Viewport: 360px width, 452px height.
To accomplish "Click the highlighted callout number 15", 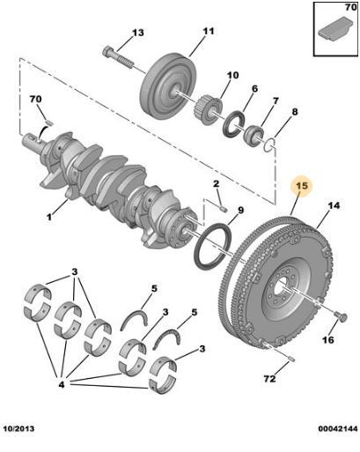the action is (x=302, y=186).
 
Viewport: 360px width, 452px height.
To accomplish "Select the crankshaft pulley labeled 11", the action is (x=168, y=86).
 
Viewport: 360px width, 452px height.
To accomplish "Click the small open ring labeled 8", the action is (x=269, y=144).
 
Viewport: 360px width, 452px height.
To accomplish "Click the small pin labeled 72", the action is (x=290, y=359).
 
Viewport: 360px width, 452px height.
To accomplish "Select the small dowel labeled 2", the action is (x=224, y=209).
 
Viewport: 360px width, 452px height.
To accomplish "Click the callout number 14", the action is (x=334, y=205).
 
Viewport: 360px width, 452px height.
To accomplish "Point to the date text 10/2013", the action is (x=18, y=428).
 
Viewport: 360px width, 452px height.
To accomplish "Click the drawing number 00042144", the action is (x=338, y=428).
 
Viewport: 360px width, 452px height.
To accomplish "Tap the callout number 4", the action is (x=62, y=384).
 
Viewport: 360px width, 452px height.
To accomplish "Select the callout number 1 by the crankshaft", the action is (x=49, y=217).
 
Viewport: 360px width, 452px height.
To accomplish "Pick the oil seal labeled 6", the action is (x=234, y=123).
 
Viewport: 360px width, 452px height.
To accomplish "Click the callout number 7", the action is (x=276, y=100).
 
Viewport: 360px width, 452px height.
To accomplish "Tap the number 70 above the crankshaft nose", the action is (x=35, y=99).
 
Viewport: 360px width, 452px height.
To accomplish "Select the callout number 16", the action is (x=328, y=340).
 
